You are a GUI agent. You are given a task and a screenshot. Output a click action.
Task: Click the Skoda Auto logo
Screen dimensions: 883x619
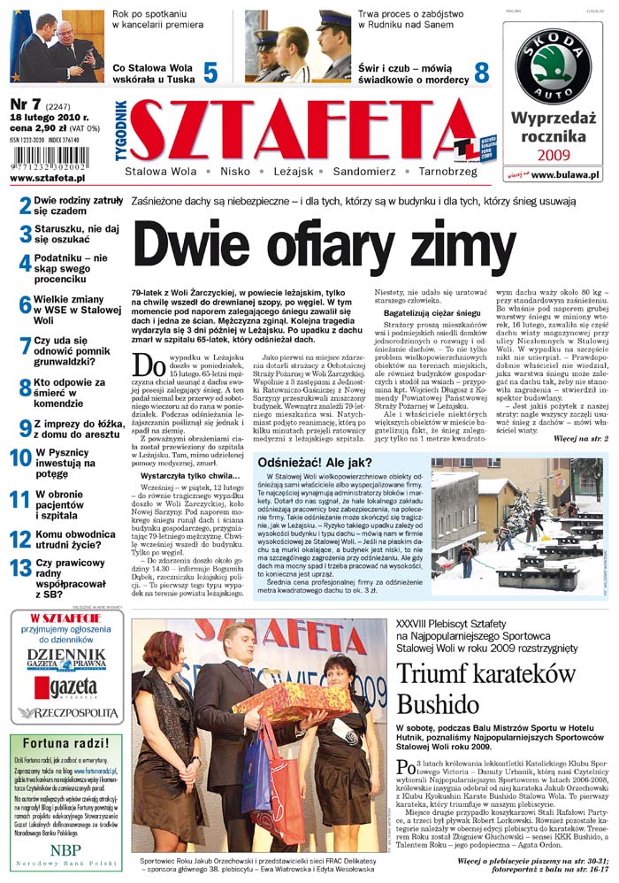point(554,65)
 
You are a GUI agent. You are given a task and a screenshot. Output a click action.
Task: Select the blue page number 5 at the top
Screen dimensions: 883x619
point(210,72)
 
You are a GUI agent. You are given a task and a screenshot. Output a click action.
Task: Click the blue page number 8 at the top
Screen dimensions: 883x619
point(482,72)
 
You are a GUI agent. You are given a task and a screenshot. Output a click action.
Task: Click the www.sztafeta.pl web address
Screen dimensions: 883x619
point(48,179)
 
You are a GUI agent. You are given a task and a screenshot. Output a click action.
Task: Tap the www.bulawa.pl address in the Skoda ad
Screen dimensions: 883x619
point(566,175)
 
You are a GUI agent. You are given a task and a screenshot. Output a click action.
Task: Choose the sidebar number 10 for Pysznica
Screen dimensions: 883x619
point(20,457)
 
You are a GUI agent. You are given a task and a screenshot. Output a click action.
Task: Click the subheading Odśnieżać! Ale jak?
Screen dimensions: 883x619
point(314,462)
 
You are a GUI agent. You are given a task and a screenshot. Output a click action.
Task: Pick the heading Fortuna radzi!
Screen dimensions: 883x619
point(65,741)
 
